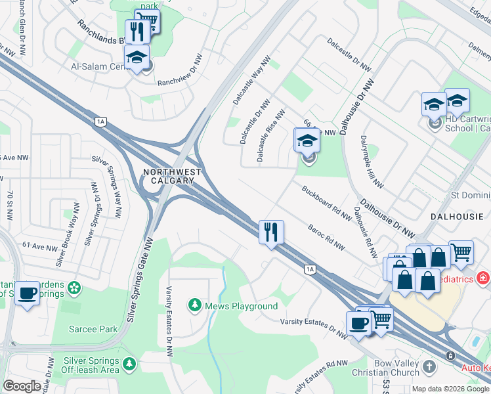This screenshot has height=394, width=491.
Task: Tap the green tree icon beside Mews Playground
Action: click(195, 305)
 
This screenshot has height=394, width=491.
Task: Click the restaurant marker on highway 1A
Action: click(271, 232)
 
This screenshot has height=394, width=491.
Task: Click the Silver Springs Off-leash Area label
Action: click(91, 366)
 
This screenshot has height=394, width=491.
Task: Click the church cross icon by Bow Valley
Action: click(429, 366)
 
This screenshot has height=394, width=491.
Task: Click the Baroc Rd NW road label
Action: click(327, 236)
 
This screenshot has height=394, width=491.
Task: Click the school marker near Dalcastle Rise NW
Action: click(307, 141)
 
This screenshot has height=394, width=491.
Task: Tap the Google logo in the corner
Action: click(22, 386)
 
